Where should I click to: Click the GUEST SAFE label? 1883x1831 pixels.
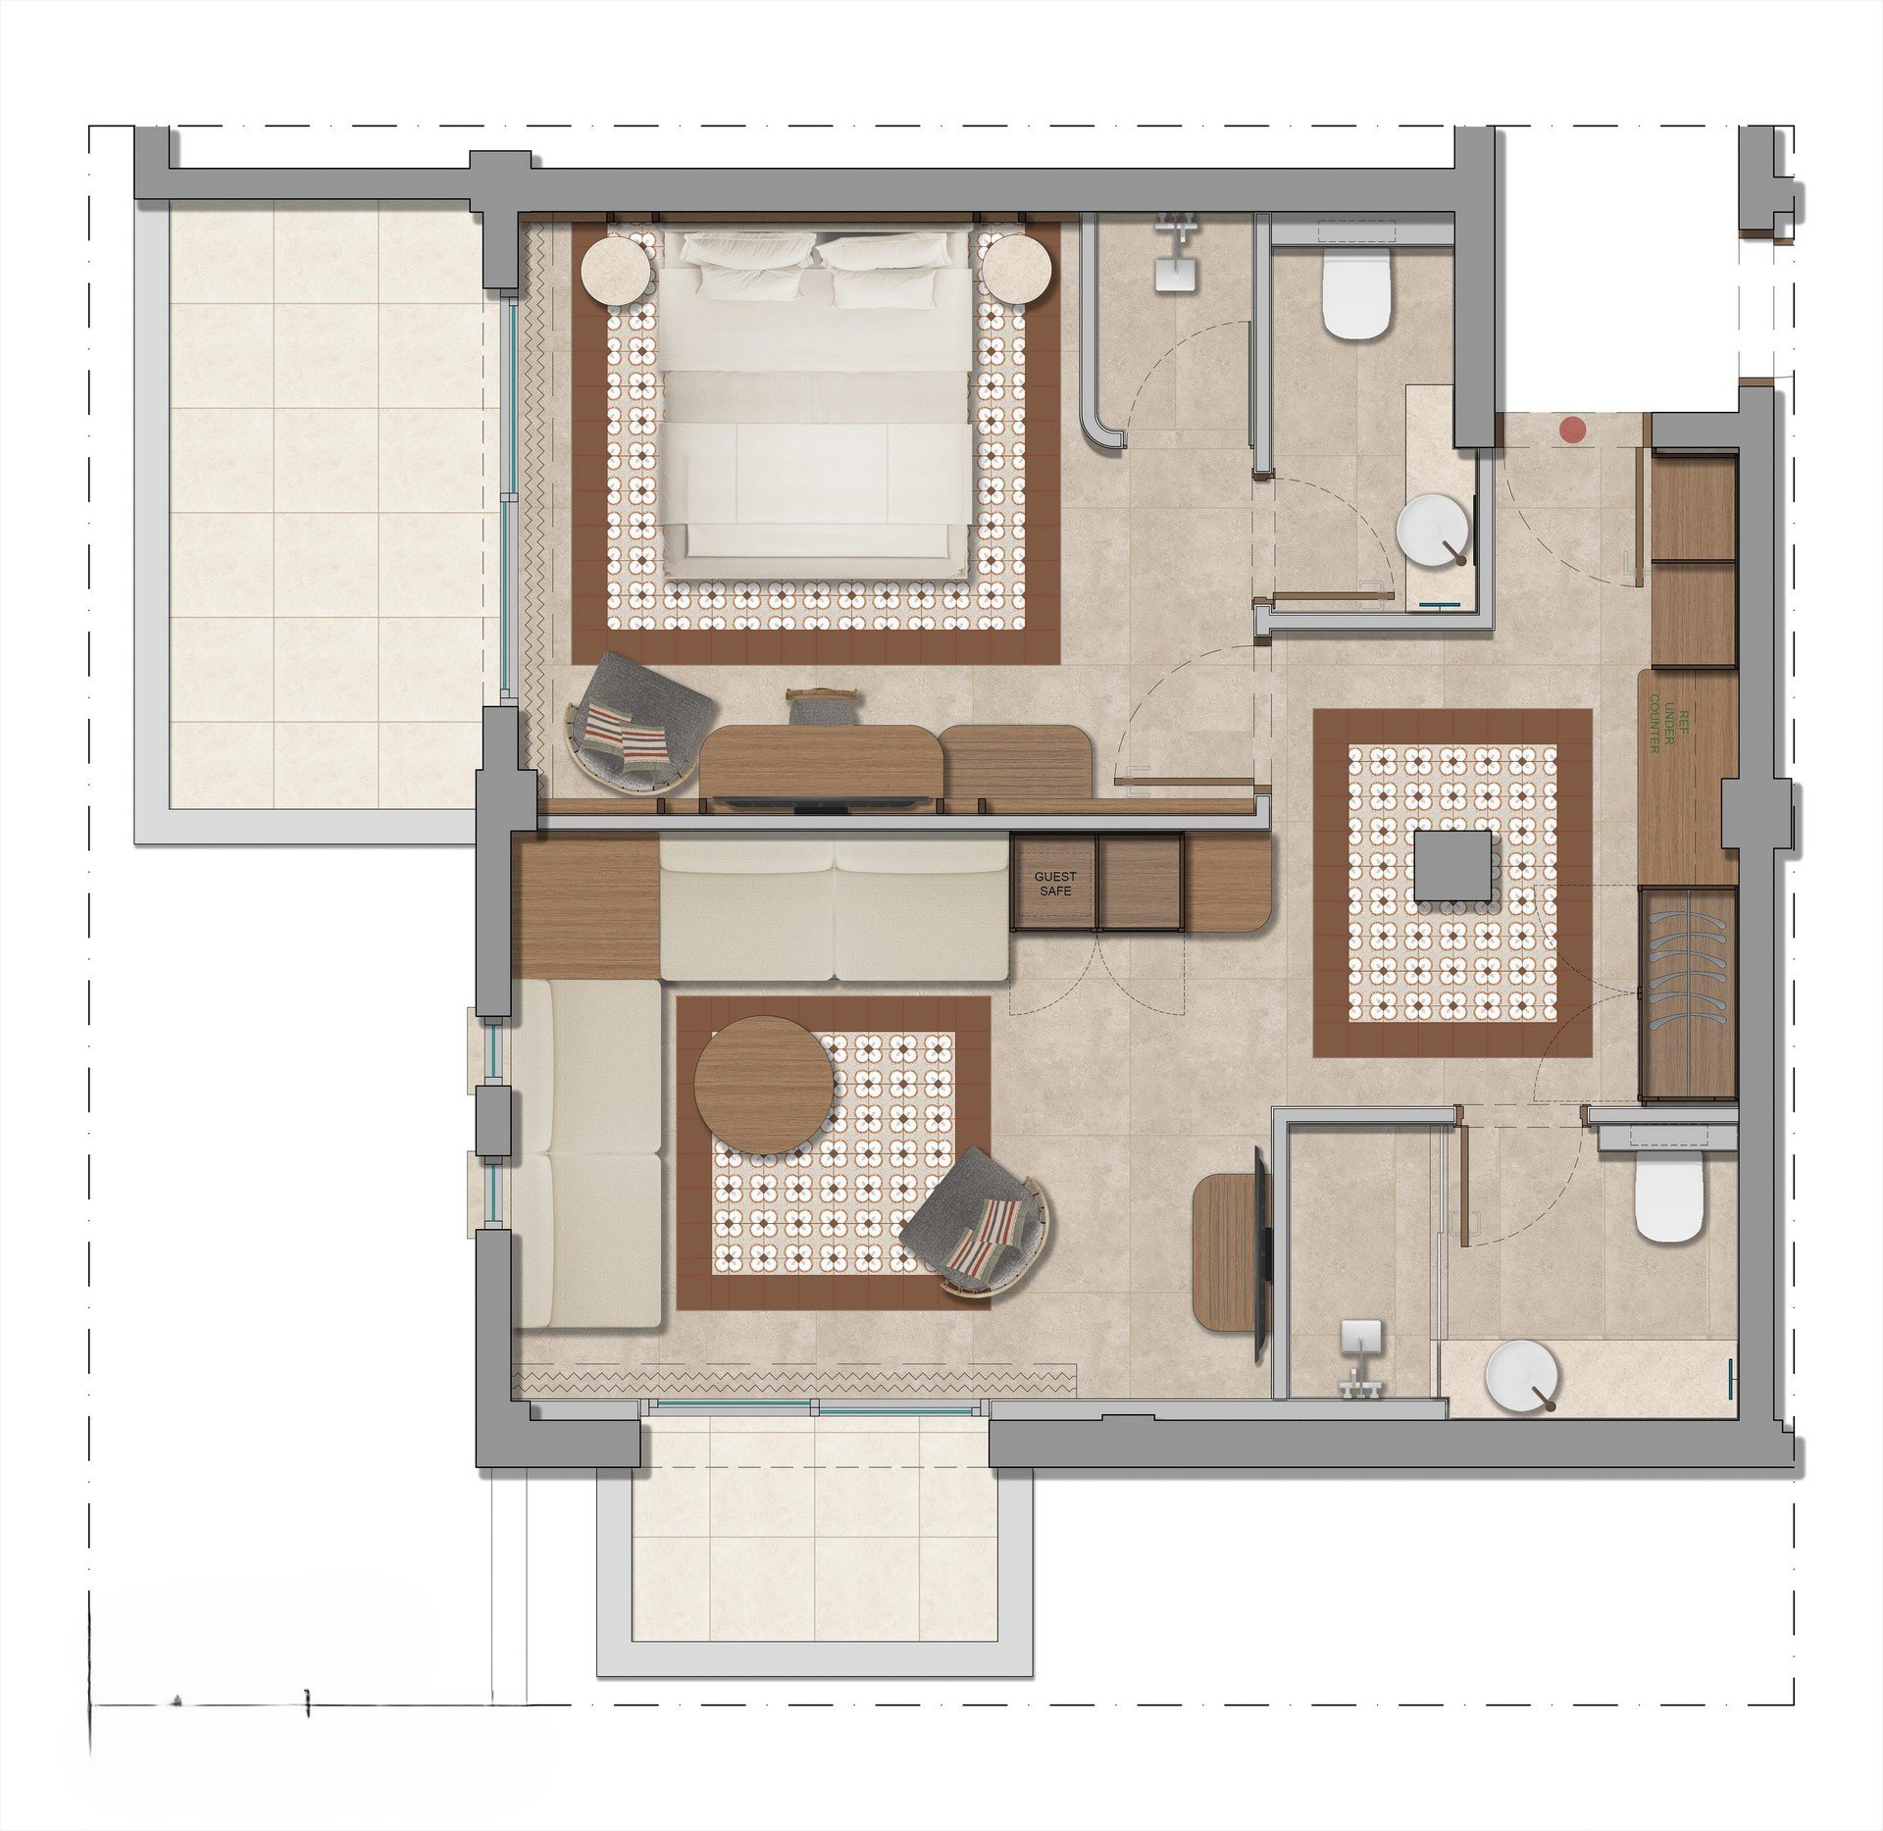1055,884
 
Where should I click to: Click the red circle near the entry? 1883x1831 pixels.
1573,430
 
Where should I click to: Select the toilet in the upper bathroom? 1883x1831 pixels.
1356,294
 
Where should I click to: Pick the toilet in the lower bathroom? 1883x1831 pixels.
1671,1199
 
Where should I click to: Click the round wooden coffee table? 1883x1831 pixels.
765,1084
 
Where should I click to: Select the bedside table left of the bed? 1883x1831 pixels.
615,272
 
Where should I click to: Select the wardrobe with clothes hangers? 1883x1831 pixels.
1687,992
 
